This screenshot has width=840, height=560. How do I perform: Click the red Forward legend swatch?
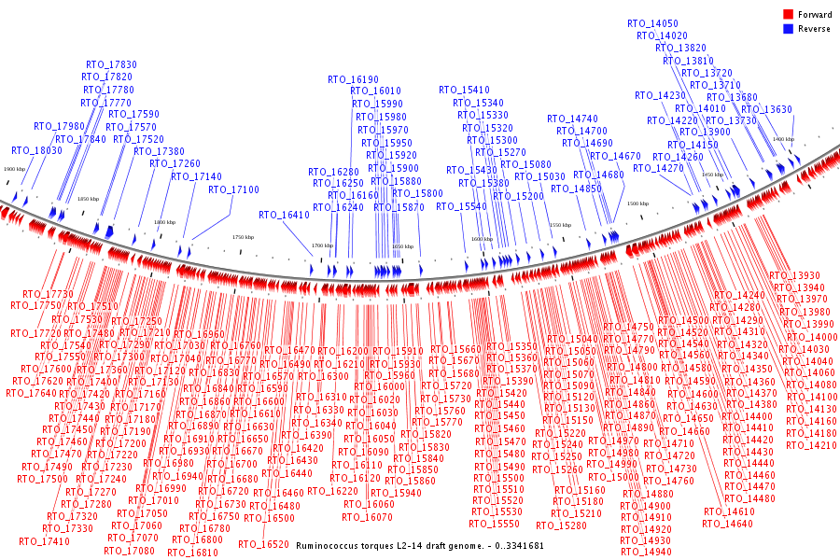[788, 14]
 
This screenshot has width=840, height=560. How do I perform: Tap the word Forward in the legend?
[815, 14]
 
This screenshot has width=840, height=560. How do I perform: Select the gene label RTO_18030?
[37, 150]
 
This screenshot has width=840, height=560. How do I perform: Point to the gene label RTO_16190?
[353, 79]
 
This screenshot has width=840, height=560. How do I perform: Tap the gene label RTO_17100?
[233, 189]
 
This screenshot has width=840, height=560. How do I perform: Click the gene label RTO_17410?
[44, 541]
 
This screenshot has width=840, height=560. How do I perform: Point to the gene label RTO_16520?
[263, 544]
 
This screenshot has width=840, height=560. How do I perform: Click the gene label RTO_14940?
[646, 553]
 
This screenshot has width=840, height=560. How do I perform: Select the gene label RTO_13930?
[794, 275]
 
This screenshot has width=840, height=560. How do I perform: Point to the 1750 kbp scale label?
[243, 238]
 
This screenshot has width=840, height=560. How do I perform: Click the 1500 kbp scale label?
[637, 203]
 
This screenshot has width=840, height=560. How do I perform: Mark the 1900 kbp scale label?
[14, 169]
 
